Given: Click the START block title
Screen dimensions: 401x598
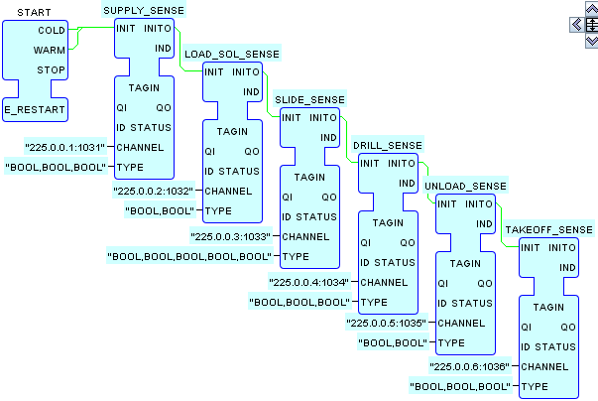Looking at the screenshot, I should pos(35,12).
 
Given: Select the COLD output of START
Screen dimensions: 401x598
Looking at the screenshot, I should pos(52,31).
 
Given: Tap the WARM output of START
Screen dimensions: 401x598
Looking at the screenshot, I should pos(50,50).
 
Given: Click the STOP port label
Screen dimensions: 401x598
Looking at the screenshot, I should pos(51,69).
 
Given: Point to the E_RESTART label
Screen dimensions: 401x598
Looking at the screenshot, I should pos(34,108).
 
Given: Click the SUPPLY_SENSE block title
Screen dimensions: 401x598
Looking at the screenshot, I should pos(144,9).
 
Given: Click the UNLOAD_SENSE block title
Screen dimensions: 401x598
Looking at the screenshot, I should pos(465,186).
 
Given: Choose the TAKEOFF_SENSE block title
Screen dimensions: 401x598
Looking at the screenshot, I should pos(548,229).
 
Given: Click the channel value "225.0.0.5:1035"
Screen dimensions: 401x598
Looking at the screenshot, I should pos(388,323).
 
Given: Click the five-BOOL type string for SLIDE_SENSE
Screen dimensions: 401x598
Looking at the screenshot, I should pos(188,256).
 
